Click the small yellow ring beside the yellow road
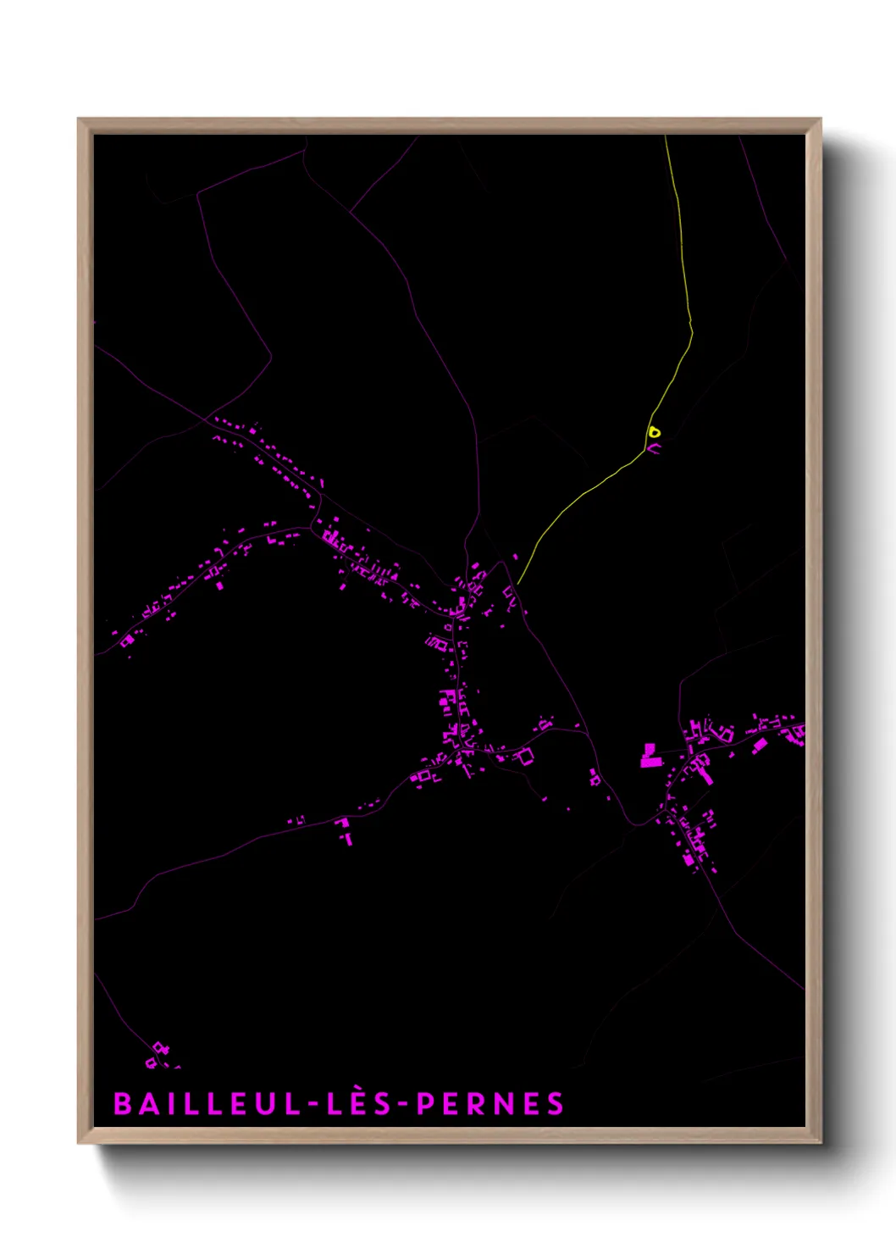pyautogui.click(x=654, y=432)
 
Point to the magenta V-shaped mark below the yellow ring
pyautogui.click(x=655, y=447)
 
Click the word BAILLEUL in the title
pyautogui.click(x=207, y=1104)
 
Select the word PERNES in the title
pyautogui.click(x=490, y=1104)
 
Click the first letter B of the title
pyautogui.click(x=122, y=1104)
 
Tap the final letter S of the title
pyautogui.click(x=556, y=1104)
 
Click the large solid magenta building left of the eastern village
pyautogui.click(x=650, y=757)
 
